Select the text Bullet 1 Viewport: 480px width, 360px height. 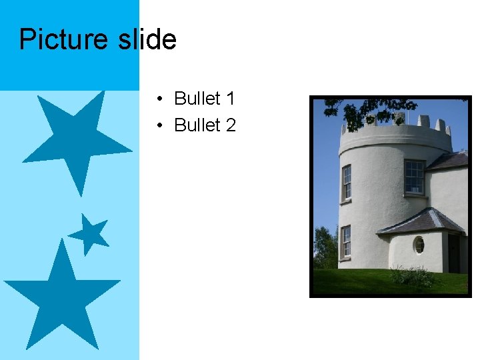click(204, 99)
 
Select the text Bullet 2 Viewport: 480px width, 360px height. click(204, 125)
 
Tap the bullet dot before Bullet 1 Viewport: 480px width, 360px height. click(161, 99)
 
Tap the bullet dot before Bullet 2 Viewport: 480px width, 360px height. click(161, 125)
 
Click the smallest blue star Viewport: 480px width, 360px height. click(89, 234)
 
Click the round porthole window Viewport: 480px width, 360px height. click(419, 245)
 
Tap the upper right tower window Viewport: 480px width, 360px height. click(414, 177)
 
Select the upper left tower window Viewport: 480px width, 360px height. click(347, 183)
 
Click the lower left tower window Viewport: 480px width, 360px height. click(345, 242)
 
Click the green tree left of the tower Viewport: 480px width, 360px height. click(325, 250)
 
